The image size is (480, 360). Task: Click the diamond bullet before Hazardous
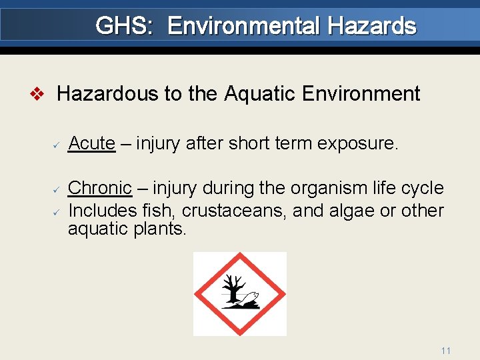pyautogui.click(x=39, y=94)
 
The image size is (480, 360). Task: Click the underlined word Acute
pyautogui.click(x=92, y=143)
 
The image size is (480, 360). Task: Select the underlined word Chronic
pyautogui.click(x=100, y=188)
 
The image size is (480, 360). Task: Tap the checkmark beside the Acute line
pyautogui.click(x=57, y=144)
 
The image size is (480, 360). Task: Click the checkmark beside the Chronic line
pyautogui.click(x=57, y=189)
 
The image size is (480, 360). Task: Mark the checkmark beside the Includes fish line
pyautogui.click(x=57, y=211)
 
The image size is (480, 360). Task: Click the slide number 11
pyautogui.click(x=446, y=351)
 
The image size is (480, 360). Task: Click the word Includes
pyautogui.click(x=103, y=211)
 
